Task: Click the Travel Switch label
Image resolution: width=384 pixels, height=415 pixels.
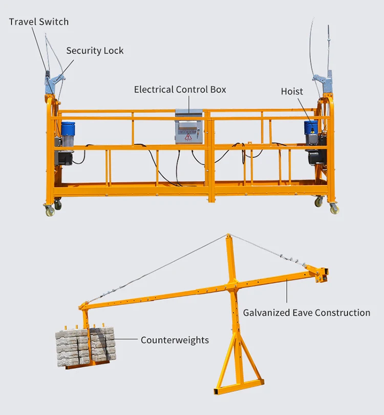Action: click(38, 22)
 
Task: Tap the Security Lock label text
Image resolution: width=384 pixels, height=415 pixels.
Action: click(95, 51)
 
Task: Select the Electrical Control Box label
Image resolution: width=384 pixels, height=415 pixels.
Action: click(180, 89)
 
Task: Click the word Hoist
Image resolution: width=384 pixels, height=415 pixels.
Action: click(292, 91)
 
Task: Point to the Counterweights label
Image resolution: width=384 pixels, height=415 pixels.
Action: click(175, 340)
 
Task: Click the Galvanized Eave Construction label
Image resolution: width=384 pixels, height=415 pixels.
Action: click(306, 313)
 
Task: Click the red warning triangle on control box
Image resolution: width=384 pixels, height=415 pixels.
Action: click(188, 137)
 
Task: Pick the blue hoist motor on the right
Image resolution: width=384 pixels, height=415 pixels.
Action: click(311, 129)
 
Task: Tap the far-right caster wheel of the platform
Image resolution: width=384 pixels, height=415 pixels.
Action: click(334, 209)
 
